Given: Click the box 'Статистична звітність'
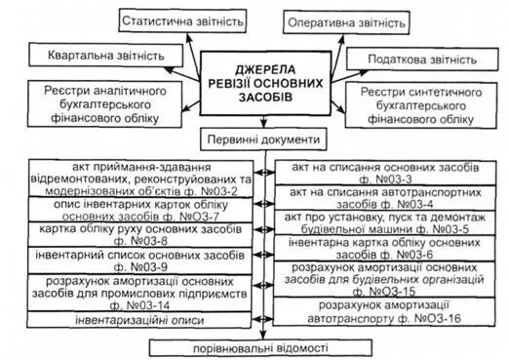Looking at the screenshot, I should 179,20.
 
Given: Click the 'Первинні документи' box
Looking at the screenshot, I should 258,138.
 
